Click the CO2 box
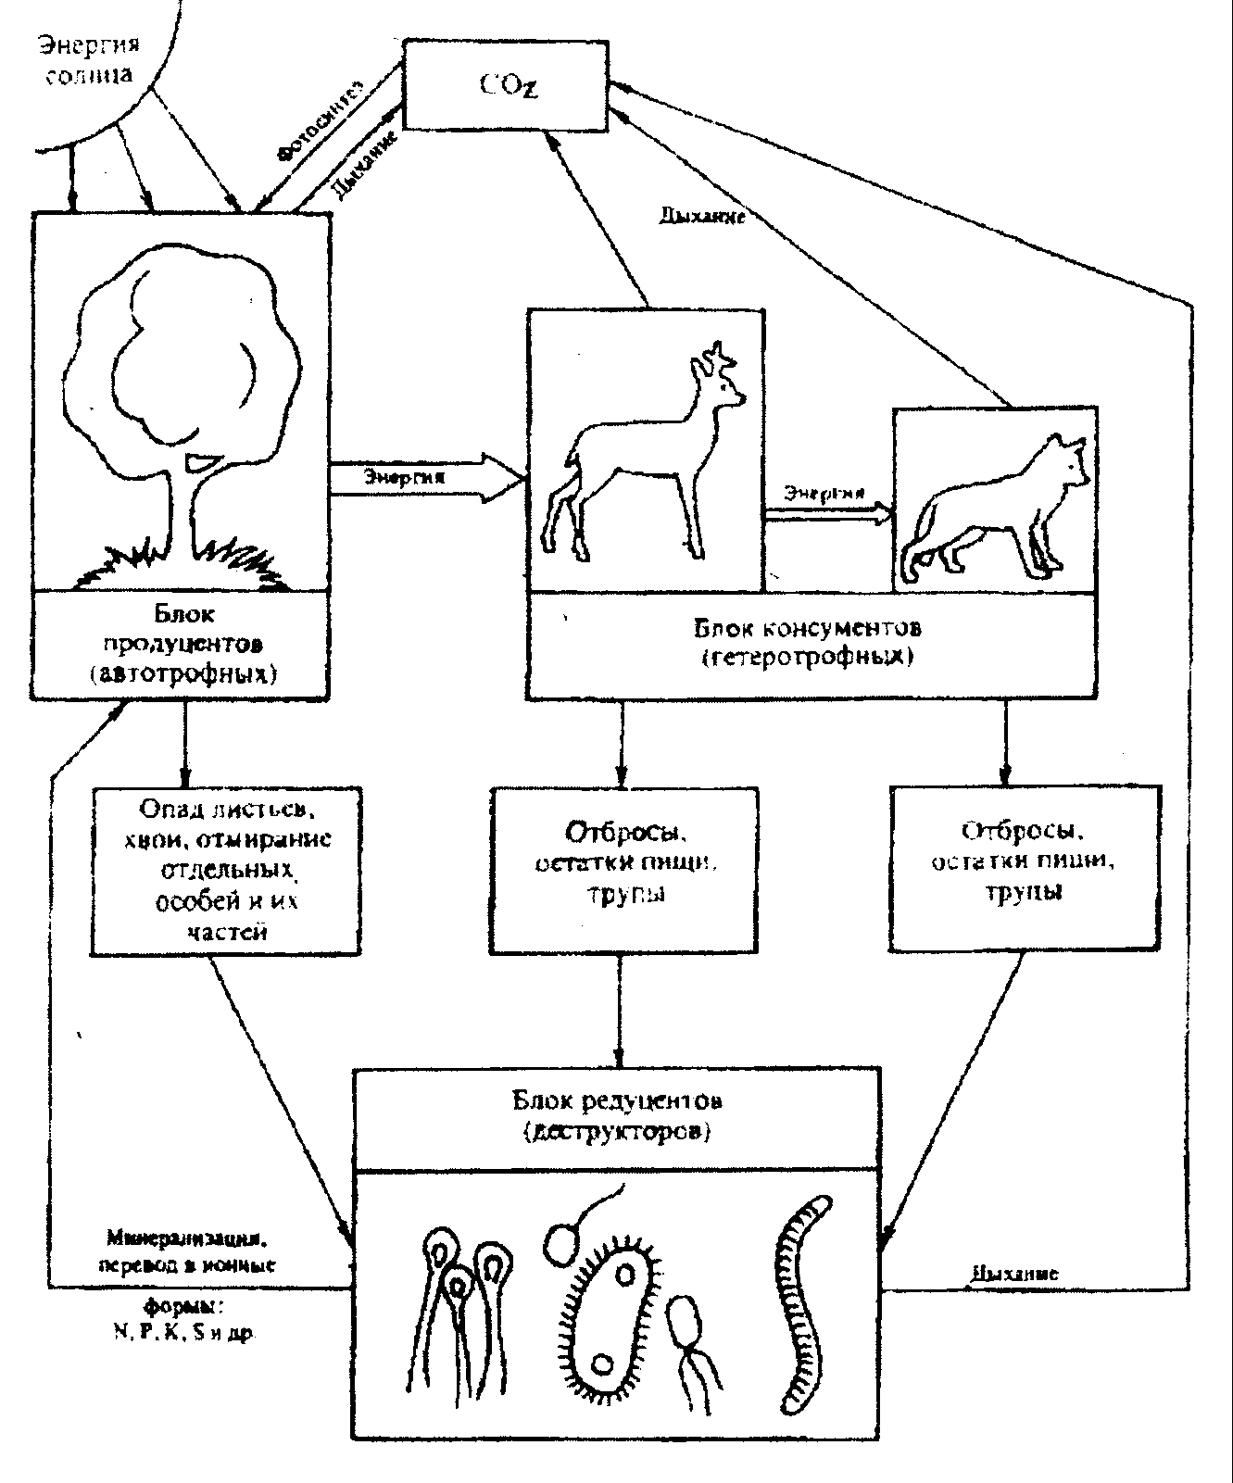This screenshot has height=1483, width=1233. [507, 84]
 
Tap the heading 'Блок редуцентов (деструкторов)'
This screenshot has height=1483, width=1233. [618, 1115]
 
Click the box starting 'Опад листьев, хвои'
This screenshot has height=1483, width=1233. [226, 871]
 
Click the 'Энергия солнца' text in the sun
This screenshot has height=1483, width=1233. [88, 57]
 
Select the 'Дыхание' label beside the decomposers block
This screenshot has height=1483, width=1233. [1015, 1273]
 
